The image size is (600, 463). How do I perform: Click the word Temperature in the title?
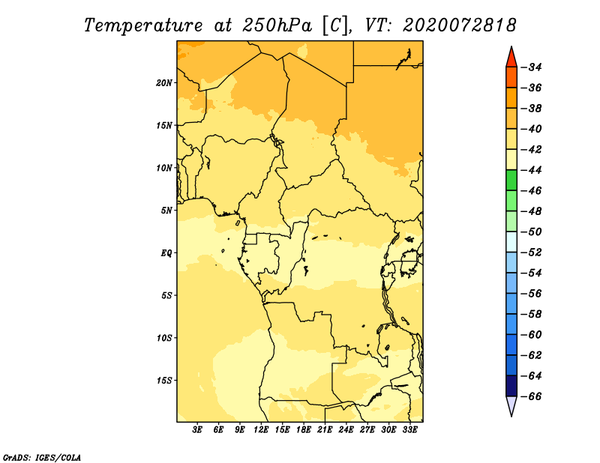(143, 25)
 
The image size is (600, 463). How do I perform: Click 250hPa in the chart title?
(277, 25)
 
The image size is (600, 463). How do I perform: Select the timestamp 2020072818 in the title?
(459, 25)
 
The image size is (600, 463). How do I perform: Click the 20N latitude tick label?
(163, 83)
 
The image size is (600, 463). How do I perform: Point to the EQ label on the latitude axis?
(166, 253)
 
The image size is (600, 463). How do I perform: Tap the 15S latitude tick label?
(163, 381)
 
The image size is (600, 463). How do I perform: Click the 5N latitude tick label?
(166, 211)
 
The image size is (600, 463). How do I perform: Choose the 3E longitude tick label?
(197, 430)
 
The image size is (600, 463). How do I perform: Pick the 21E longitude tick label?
(325, 430)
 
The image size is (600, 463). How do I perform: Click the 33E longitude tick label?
(409, 430)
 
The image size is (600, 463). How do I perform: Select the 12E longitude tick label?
(260, 430)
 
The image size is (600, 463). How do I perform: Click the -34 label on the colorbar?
(532, 67)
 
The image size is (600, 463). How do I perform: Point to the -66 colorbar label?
(532, 396)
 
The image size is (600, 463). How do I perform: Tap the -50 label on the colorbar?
(532, 231)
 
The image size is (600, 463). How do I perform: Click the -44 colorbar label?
(532, 170)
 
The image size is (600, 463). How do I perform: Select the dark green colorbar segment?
(511, 180)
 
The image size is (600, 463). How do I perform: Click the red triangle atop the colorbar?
(511, 58)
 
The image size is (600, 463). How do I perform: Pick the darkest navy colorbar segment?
(511, 386)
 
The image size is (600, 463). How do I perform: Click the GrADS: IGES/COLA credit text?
(42, 458)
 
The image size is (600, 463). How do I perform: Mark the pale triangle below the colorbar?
(511, 405)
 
